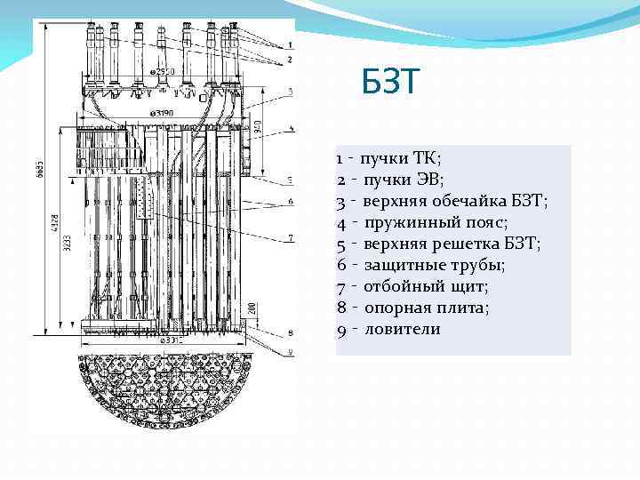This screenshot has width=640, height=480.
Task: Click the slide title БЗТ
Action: point(389,84)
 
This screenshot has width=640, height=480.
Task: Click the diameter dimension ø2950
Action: point(164,70)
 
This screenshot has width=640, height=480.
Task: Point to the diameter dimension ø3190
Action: point(161,113)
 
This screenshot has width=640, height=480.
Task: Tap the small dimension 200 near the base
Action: point(253,308)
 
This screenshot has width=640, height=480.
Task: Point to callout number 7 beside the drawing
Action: point(290,237)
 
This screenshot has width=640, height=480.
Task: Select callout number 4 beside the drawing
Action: point(290,130)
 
